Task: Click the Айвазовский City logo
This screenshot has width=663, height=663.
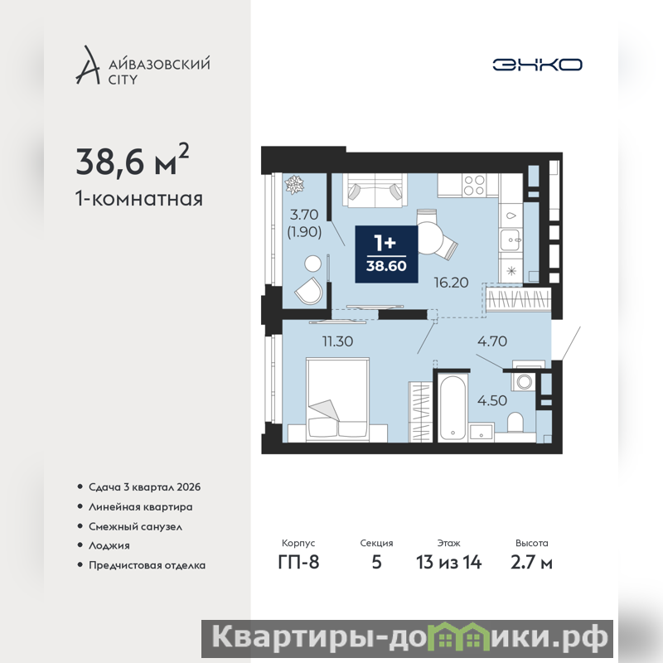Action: [x=143, y=65]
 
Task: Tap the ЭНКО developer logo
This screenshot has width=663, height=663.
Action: [x=537, y=65]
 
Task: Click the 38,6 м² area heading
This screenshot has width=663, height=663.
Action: [x=133, y=160]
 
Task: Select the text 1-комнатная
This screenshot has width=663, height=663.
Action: [x=138, y=199]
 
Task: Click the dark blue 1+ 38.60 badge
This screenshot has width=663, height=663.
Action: [x=386, y=254]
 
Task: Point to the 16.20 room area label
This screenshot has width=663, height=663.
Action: [x=451, y=283]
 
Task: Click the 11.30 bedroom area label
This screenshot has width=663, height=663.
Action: [x=337, y=341]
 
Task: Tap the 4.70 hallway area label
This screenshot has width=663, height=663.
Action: [x=492, y=341]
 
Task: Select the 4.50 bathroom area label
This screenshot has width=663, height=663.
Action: [x=492, y=400]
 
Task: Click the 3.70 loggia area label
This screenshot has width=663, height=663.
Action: [x=304, y=215]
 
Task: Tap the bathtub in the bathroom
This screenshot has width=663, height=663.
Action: [x=452, y=408]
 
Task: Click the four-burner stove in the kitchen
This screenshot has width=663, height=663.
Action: [x=474, y=185]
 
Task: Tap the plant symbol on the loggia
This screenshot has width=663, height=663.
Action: [x=294, y=185]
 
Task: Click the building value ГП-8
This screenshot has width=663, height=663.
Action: [x=298, y=563]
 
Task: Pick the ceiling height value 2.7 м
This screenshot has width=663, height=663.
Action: [x=531, y=563]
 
